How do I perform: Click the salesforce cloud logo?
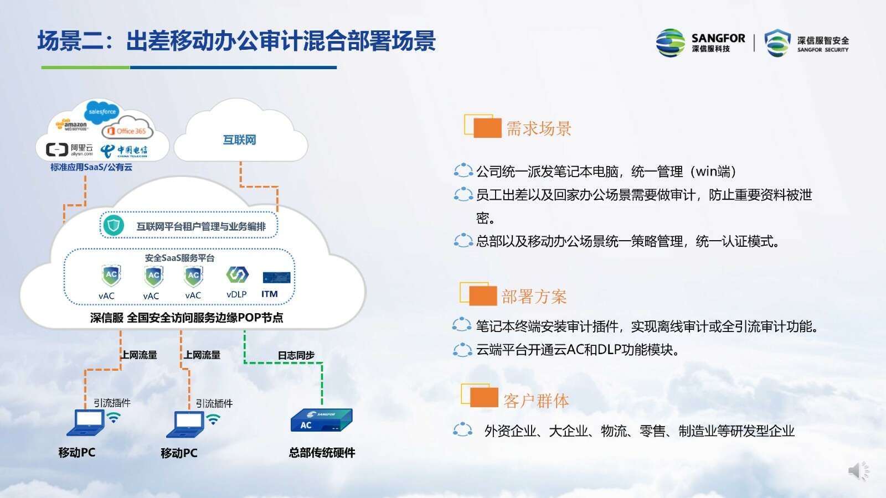coord(102,112)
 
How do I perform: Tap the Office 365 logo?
coord(127,131)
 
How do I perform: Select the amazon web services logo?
coord(71,125)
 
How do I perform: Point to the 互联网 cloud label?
coord(239,140)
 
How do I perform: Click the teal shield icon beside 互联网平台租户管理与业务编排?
coord(114,226)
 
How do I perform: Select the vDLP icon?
coord(237,274)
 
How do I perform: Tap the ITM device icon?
coord(276,277)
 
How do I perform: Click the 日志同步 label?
coord(296,355)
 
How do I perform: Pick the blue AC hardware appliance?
coord(321,421)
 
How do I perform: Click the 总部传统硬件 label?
coord(322,453)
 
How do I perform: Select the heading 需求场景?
coord(539,128)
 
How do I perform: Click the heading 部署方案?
coord(534,297)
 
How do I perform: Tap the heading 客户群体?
coord(536,401)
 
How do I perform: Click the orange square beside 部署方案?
coord(483,296)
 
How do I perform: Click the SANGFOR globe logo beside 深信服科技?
coord(671,43)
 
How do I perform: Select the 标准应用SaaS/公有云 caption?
coord(91,167)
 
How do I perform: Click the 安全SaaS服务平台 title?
coord(179,258)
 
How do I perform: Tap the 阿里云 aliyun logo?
coord(69,150)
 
